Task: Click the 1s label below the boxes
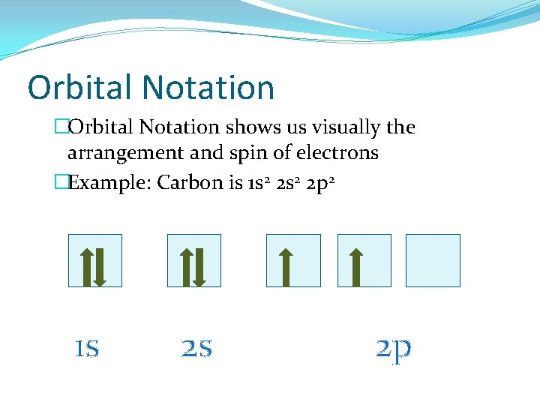click(x=87, y=347)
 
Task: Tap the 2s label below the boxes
click(x=196, y=347)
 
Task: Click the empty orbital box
click(x=433, y=260)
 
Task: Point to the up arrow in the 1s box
click(x=86, y=266)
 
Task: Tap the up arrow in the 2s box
click(x=186, y=266)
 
